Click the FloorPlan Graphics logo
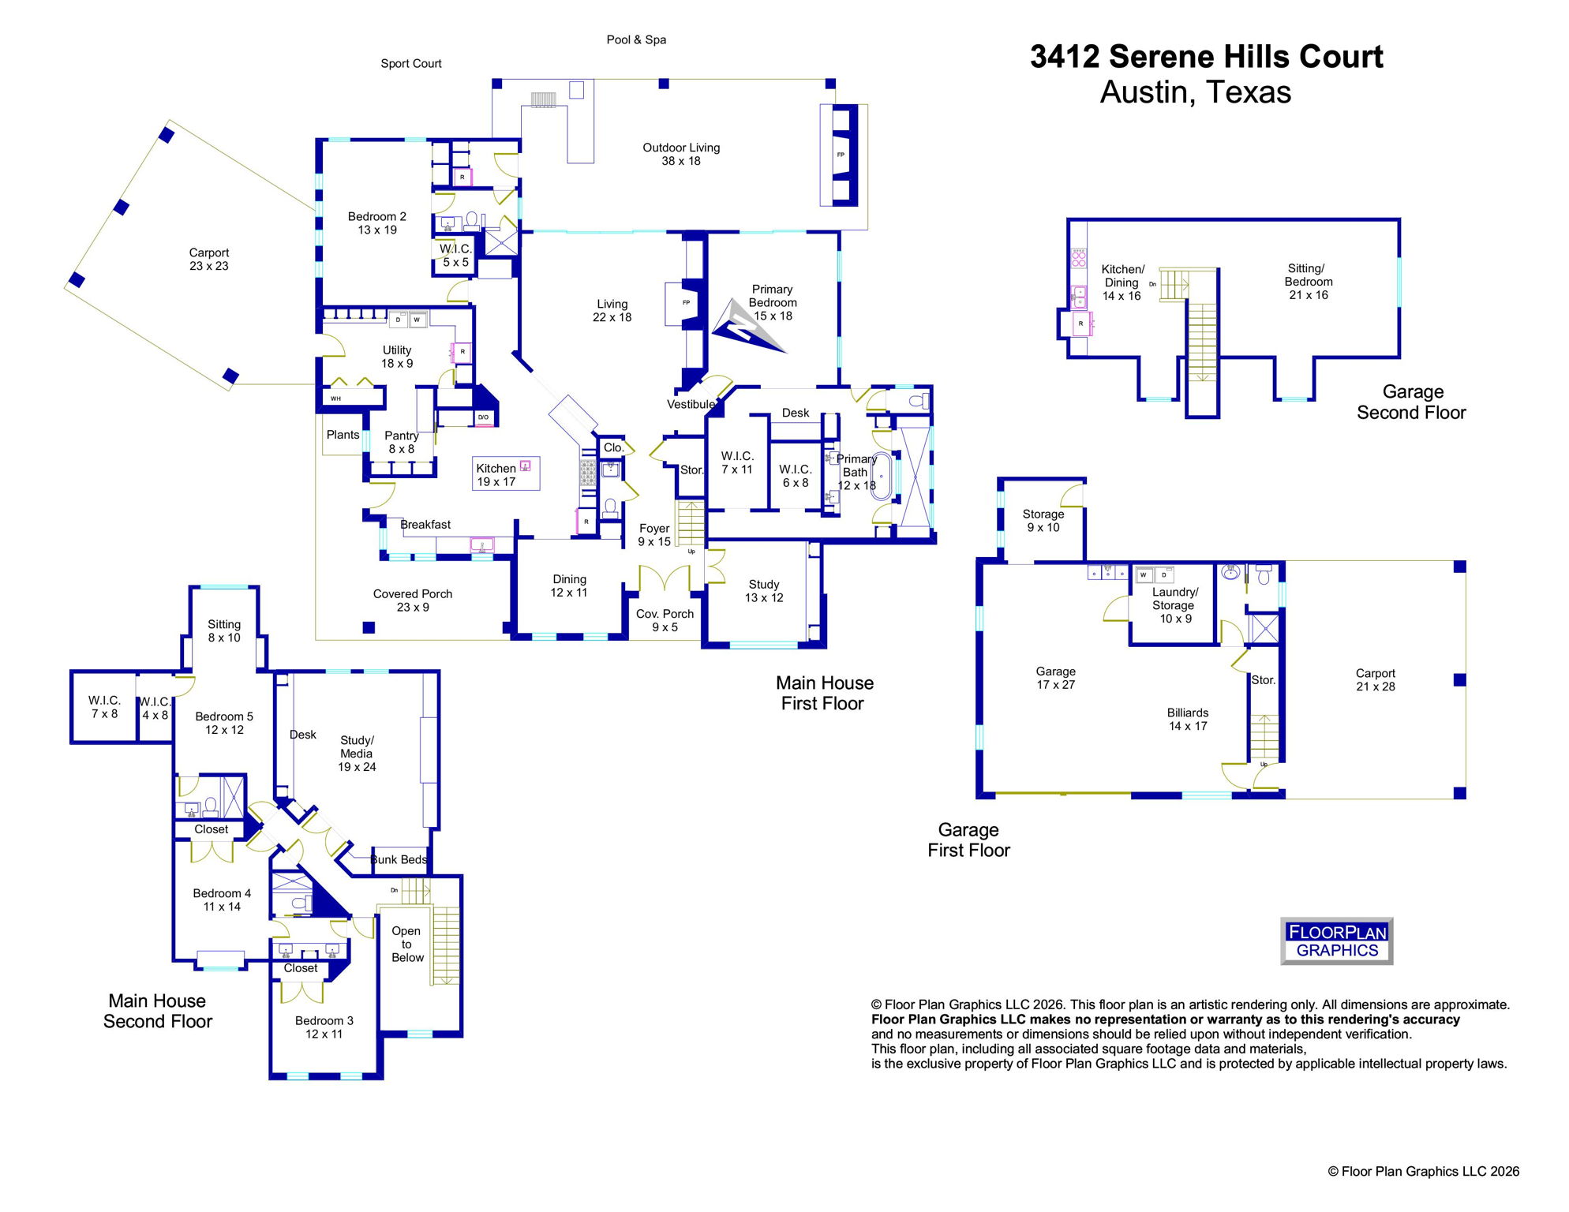click(1336, 941)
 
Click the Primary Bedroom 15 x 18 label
click(772, 302)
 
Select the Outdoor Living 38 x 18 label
click(681, 154)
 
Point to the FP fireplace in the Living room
click(685, 303)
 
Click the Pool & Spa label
click(636, 39)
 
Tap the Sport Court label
click(410, 63)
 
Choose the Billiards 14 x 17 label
click(1187, 719)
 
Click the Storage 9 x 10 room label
click(1043, 521)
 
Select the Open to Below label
click(407, 944)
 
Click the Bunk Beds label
click(399, 859)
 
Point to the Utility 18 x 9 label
click(397, 357)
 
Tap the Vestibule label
click(691, 404)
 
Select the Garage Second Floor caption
click(1411, 402)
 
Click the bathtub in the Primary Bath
click(881, 477)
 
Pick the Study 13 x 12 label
click(764, 591)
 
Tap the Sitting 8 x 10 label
click(224, 630)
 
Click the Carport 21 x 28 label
click(1375, 679)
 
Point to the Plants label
click(343, 435)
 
